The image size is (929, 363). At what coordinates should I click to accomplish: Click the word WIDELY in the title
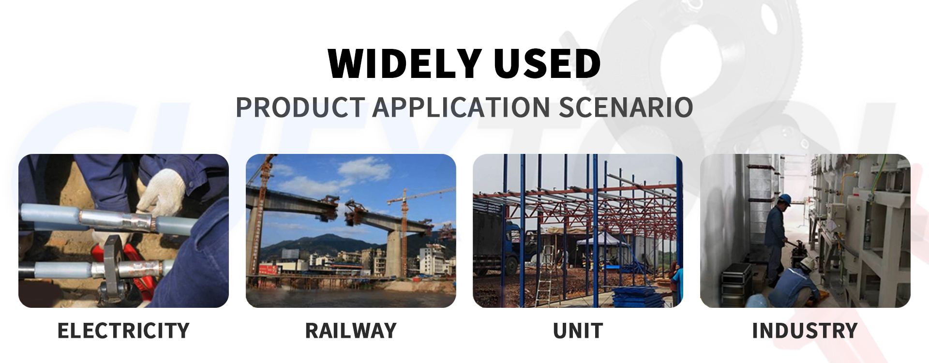(405, 64)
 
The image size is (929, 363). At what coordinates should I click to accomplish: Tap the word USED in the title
(547, 64)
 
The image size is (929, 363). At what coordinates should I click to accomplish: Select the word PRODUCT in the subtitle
(300, 107)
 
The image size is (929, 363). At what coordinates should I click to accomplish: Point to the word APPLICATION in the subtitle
(462, 107)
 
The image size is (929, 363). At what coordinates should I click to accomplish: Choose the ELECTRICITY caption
(123, 331)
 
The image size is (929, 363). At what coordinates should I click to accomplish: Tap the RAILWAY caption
(351, 331)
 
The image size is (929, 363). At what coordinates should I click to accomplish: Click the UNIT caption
(578, 331)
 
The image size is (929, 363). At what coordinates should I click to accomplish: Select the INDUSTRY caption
(805, 331)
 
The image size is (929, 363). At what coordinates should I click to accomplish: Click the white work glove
(162, 191)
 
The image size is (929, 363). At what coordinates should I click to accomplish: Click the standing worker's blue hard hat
(784, 199)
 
